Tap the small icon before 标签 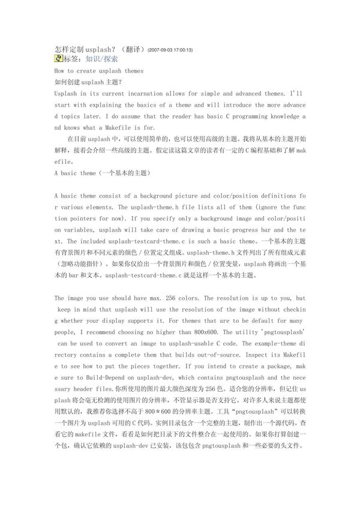pyautogui.click(x=58, y=59)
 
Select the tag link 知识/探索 pyautogui.click(x=101, y=59)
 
